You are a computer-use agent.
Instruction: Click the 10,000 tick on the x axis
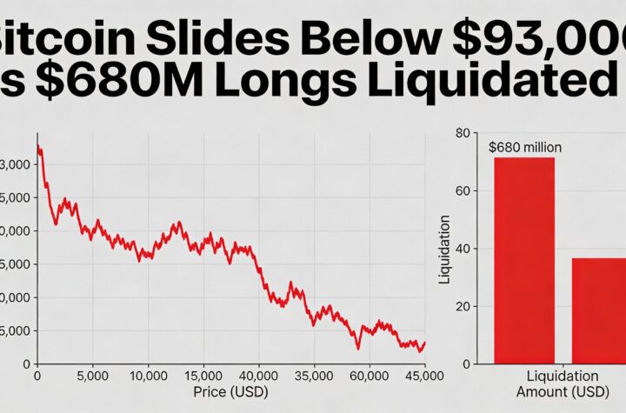click(148, 376)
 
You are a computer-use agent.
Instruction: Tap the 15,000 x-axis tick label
click(203, 376)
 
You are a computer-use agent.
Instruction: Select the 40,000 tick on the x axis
click(258, 376)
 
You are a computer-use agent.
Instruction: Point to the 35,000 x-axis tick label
click(314, 376)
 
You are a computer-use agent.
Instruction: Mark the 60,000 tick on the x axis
click(369, 376)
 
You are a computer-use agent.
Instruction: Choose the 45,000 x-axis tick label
click(423, 376)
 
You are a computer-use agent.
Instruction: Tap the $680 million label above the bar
click(525, 147)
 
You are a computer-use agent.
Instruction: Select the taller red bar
click(523, 261)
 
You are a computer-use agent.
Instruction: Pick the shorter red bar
click(598, 310)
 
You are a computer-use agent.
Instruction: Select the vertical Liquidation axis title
click(445, 250)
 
